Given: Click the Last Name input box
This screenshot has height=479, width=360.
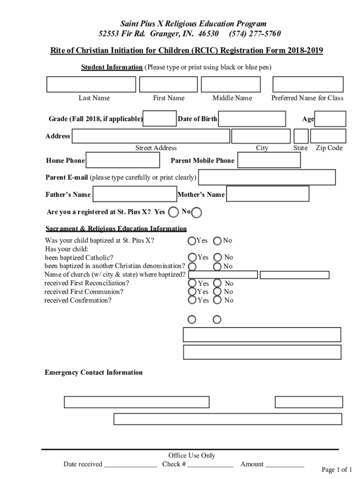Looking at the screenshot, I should [91, 84].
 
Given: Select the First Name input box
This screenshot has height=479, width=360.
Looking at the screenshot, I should [168, 84].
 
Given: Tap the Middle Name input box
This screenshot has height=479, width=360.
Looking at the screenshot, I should [230, 84].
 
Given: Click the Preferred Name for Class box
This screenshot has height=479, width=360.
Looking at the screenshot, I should [308, 84].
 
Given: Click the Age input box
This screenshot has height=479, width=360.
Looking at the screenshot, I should [331, 119].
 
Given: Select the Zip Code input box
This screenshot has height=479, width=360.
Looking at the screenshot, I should [328, 136].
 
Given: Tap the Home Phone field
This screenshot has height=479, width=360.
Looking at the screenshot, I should [123, 160].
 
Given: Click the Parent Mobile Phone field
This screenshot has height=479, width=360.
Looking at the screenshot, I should [269, 160].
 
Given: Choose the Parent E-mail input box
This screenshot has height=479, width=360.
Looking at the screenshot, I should [267, 177].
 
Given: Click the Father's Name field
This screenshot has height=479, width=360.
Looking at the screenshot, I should [135, 194].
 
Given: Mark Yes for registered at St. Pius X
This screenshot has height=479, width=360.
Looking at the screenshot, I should [173, 212].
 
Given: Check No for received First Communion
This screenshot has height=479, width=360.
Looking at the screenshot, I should [217, 291].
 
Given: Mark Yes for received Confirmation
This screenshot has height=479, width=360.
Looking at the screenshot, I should [192, 300].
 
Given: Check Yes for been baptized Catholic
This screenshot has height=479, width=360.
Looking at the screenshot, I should [192, 257].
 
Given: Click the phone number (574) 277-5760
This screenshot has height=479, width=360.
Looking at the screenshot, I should [255, 34].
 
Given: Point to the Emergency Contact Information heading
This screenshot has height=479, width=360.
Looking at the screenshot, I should [94, 372].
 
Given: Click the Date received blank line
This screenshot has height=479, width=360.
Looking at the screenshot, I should [130, 464].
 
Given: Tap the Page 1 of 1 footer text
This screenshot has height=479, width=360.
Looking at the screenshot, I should [337, 470].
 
